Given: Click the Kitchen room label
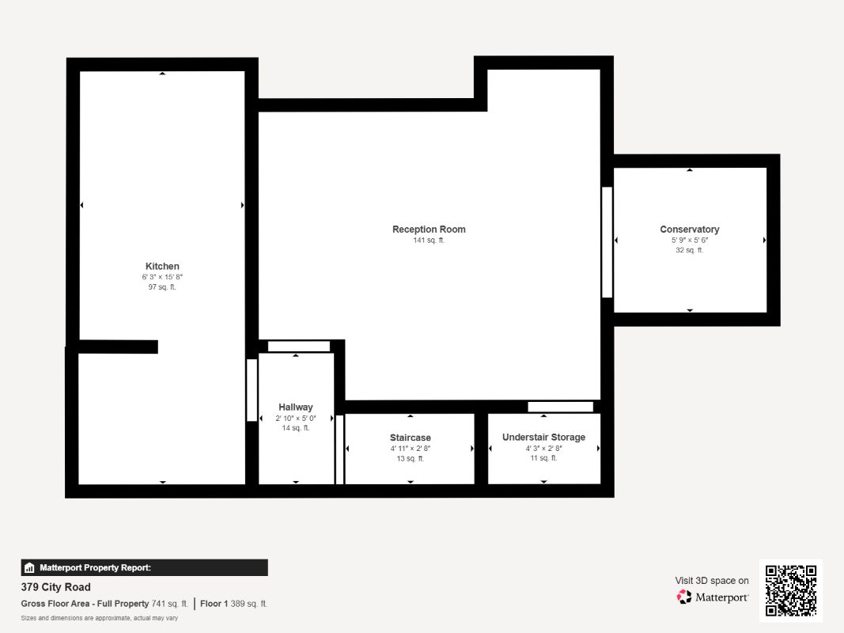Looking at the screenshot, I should point(162,266).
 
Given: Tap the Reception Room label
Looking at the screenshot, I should point(429,229).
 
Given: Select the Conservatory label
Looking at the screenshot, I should point(690,229).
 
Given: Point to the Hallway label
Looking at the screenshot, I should point(296,407).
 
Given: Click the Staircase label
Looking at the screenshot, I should point(410,438).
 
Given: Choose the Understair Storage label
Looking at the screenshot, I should point(543,438).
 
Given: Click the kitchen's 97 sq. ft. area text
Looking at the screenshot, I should point(162,287).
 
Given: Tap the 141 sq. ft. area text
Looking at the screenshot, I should point(429,241).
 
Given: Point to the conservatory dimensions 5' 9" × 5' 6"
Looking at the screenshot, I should point(690,240).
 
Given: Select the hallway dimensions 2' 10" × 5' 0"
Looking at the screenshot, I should point(296,418).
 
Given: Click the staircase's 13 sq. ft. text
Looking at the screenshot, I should point(410,458).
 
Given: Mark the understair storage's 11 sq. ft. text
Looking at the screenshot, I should point(543,458).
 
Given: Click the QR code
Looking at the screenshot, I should point(791,590).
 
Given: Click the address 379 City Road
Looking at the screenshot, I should point(55,587).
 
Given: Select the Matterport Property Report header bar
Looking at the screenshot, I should point(144,567).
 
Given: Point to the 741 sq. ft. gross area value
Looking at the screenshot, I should point(169,604).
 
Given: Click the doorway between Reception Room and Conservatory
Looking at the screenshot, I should point(607,242).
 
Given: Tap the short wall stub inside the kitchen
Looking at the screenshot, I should point(119,347).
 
